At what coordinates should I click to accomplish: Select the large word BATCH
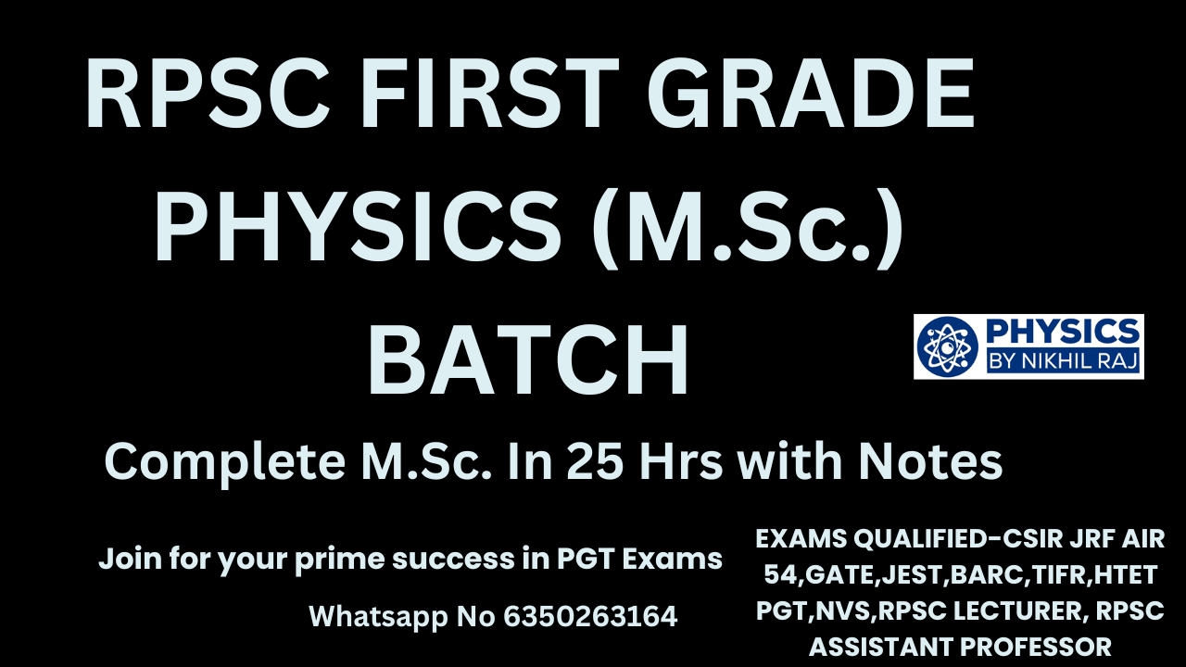[x=528, y=360]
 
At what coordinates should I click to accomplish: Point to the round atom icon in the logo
[x=947, y=346]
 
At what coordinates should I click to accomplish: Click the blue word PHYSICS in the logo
[x=1063, y=333]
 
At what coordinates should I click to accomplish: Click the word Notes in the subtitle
[x=930, y=461]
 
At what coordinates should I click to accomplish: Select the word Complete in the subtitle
[x=225, y=463]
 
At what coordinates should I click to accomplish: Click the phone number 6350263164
[x=590, y=616]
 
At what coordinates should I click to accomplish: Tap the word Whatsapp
[x=378, y=617]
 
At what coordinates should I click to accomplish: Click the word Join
[x=130, y=559]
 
